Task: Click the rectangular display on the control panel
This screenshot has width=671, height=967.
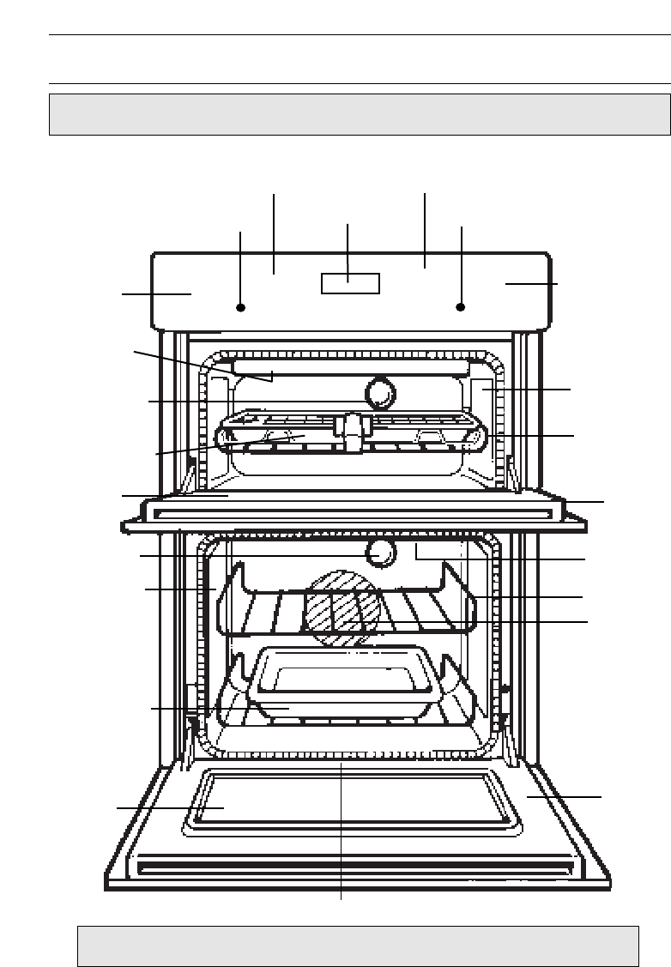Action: [350, 283]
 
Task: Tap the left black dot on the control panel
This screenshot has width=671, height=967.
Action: [241, 306]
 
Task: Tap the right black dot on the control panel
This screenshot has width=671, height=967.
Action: [461, 306]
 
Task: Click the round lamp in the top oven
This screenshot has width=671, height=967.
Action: [380, 394]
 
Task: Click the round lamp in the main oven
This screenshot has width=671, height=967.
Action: [380, 553]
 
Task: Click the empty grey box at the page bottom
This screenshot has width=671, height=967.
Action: [358, 946]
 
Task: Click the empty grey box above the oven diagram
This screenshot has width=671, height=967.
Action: [360, 115]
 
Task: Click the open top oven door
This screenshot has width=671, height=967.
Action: [352, 509]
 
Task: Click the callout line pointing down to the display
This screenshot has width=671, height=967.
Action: [348, 249]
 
